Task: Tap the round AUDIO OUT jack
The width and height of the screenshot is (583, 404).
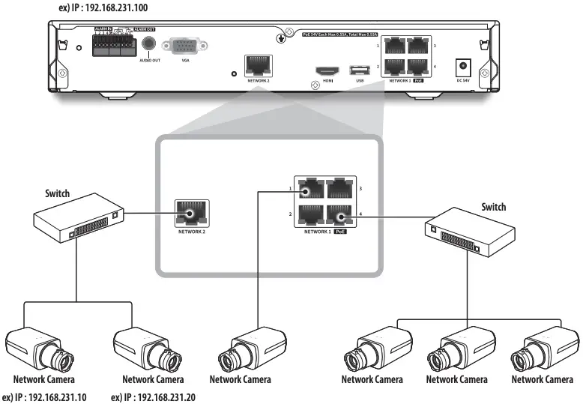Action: pyautogui.click(x=149, y=43)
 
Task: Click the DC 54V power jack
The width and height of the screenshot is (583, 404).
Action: pyautogui.click(x=464, y=66)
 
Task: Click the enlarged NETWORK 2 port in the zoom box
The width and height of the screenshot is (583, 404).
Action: pyautogui.click(x=192, y=213)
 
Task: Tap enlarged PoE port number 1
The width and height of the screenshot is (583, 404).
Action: pyautogui.click(x=309, y=190)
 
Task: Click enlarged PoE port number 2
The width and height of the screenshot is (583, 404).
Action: pyautogui.click(x=309, y=217)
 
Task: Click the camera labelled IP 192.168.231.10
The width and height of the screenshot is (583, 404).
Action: pyautogui.click(x=37, y=349)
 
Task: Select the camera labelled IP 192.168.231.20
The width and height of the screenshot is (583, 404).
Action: pyautogui.click(x=145, y=349)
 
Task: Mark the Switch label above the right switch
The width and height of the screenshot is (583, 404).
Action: pyautogui.click(x=492, y=207)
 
